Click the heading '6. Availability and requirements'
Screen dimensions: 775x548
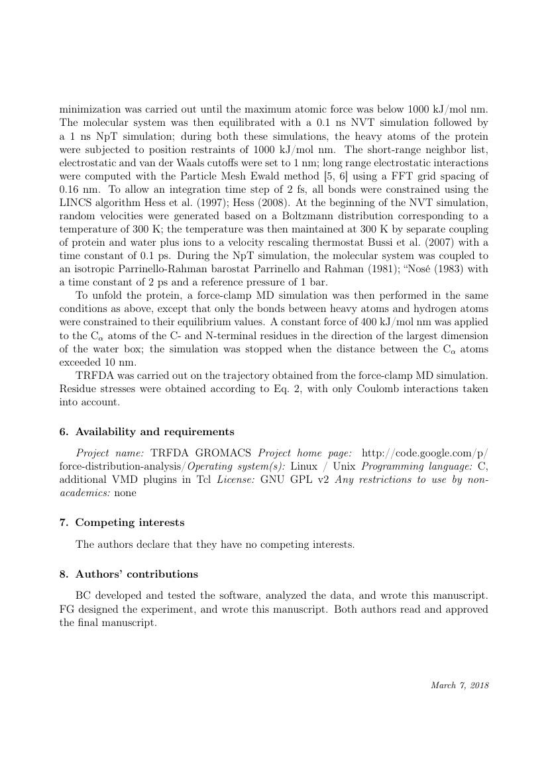point(146,432)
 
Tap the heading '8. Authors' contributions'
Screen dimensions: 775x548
point(129,574)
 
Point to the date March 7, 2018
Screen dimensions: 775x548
point(460,686)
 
